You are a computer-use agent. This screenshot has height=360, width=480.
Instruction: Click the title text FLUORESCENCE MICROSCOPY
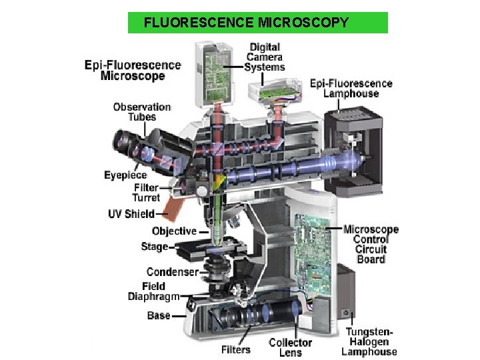click(245, 23)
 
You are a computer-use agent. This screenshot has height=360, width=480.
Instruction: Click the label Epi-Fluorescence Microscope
click(133, 70)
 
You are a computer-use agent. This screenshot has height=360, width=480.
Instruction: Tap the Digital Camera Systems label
click(265, 57)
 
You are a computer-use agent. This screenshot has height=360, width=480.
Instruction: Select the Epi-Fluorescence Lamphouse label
click(351, 88)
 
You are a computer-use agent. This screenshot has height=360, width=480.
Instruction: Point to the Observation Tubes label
click(142, 111)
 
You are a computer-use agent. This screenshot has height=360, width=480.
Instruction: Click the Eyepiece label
click(125, 175)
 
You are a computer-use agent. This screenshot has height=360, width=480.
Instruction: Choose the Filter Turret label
click(146, 193)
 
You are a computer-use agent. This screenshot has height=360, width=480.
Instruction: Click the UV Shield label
click(131, 214)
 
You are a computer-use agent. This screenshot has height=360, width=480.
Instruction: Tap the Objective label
click(174, 231)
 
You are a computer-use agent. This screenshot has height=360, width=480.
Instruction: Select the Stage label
click(154, 247)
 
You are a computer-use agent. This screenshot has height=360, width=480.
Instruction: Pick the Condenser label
click(172, 271)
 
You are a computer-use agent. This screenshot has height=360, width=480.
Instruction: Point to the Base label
click(159, 315)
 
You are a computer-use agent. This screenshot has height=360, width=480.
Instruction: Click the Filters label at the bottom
click(236, 349)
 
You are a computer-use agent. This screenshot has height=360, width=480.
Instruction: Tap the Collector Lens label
click(290, 347)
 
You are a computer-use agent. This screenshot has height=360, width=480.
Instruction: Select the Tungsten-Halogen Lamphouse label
click(369, 341)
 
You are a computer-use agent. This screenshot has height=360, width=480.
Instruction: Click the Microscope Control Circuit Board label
click(371, 244)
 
